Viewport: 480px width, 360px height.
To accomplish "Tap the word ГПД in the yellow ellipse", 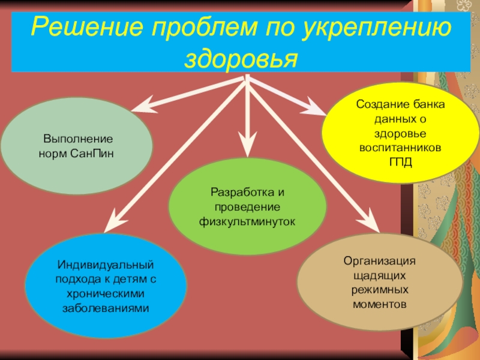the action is [401, 161].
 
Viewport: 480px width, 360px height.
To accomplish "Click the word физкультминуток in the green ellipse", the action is [247, 221].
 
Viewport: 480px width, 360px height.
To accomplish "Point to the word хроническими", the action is [106, 293].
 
